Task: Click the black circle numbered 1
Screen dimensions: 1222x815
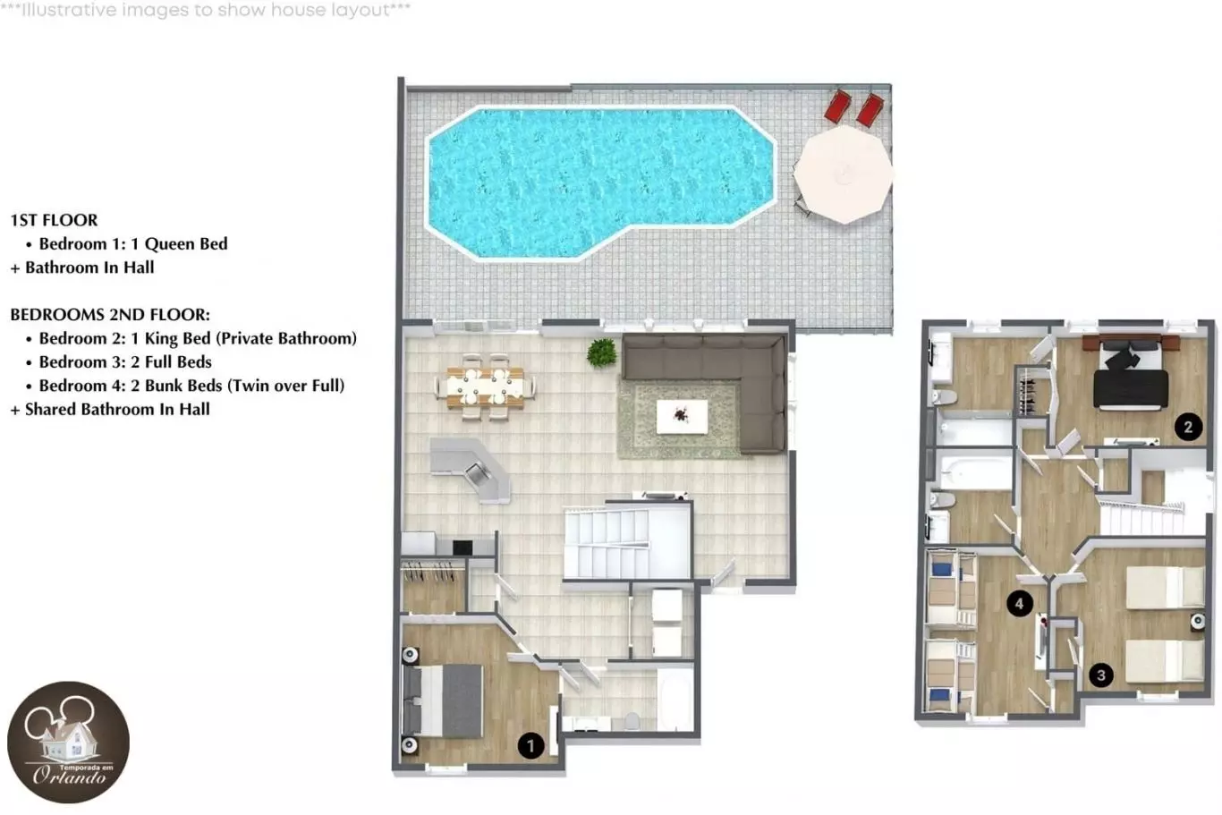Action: tap(530, 746)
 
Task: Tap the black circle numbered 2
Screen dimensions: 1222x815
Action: tap(1188, 427)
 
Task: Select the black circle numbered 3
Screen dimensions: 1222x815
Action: tap(1101, 675)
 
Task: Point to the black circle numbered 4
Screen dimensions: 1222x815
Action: tap(1019, 603)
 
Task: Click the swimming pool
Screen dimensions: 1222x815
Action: tap(600, 183)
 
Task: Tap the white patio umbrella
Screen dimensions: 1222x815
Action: tap(843, 174)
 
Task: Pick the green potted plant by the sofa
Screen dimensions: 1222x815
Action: tap(602, 353)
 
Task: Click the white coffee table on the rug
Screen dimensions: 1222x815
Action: tap(682, 416)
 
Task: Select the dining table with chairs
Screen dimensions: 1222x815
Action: tap(485, 387)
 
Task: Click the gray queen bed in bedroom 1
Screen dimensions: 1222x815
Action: tap(443, 701)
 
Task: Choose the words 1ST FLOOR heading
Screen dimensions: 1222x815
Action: tap(54, 220)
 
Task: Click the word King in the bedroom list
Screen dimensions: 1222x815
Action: tap(160, 339)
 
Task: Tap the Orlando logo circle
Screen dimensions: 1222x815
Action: tap(68, 742)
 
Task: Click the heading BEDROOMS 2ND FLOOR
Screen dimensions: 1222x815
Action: tap(110, 315)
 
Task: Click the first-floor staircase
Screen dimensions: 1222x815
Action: tap(627, 542)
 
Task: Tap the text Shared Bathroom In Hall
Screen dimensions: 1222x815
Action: tap(117, 409)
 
